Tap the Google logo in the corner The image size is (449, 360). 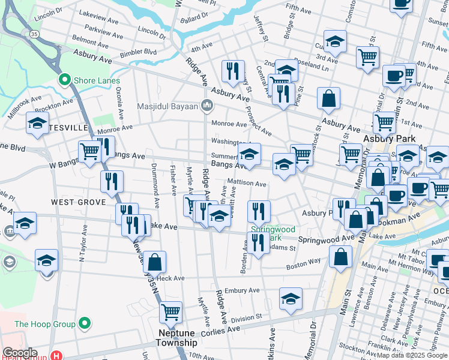pos(20,353)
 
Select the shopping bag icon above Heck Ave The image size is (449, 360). pos(154,262)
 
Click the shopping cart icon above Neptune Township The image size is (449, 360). pos(170,312)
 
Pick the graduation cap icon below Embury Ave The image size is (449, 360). pos(291,299)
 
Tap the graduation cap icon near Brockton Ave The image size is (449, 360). pos(37,124)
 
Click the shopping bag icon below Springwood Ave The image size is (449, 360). pos(340,256)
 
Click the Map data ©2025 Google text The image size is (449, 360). pos(412,355)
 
